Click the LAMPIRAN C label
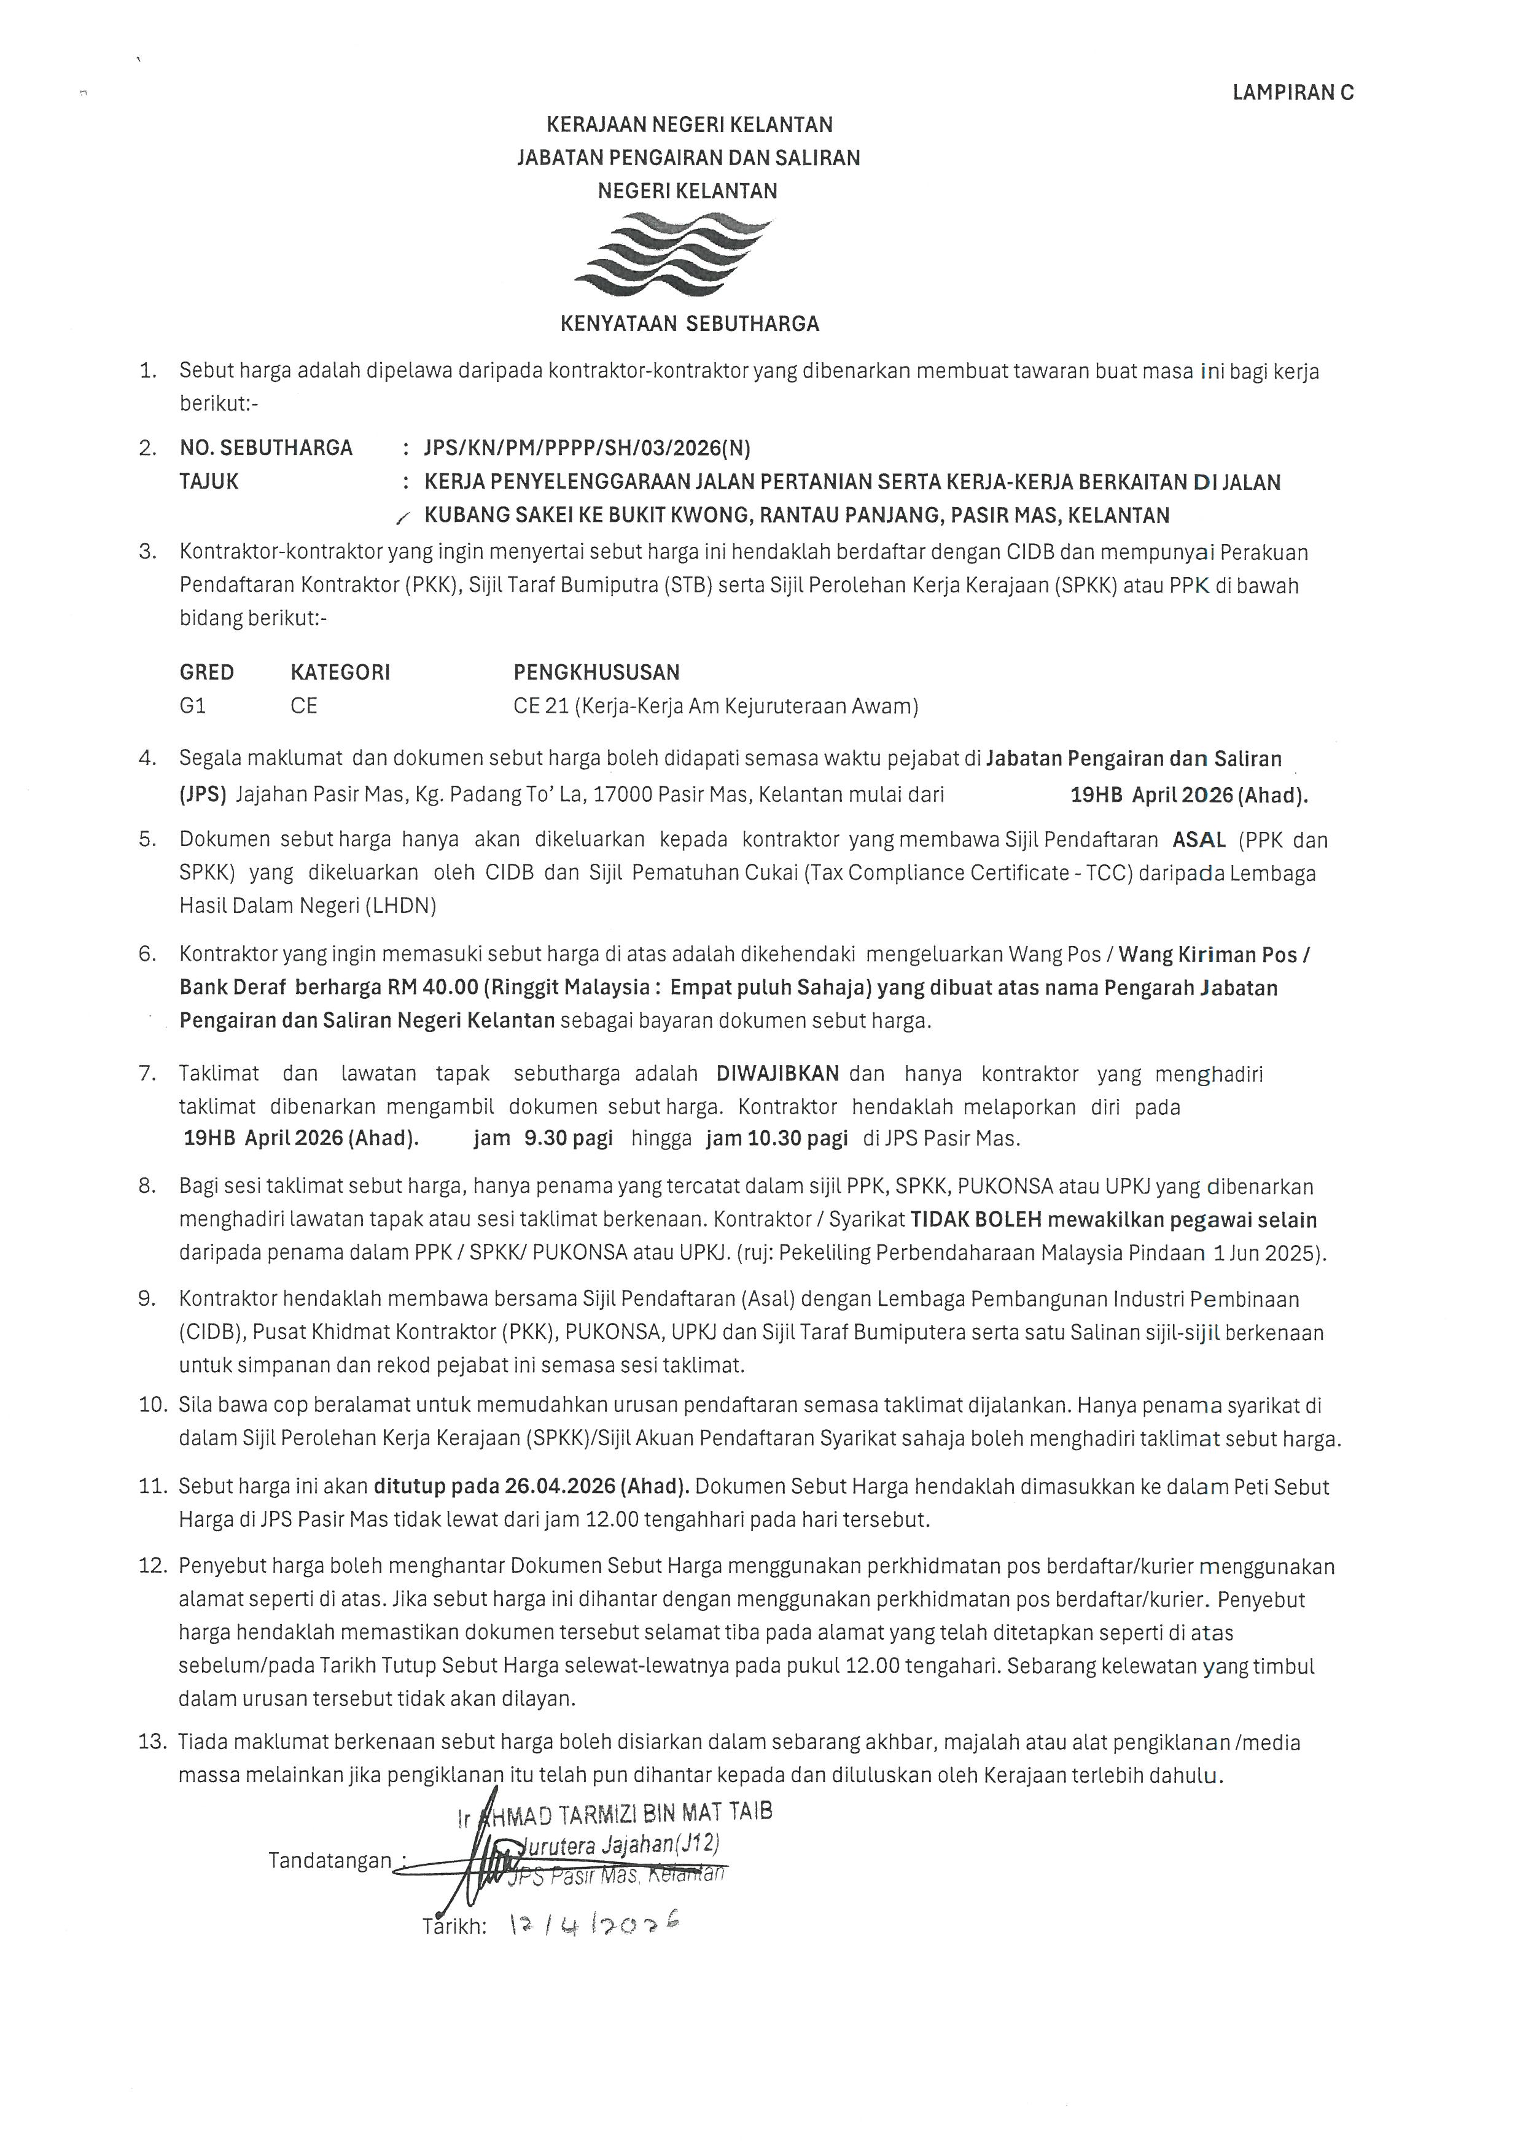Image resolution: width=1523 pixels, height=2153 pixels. coord(1292,93)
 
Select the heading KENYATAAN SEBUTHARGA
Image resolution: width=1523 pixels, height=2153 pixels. coord(689,324)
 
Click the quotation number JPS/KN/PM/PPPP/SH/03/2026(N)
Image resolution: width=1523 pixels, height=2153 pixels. coord(587,448)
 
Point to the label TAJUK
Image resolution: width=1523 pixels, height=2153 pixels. coord(209,482)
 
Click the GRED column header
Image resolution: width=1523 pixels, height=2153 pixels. coord(206,672)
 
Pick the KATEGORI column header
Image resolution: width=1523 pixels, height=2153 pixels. coord(340,672)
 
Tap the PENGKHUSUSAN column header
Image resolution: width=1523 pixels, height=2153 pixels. coord(596,672)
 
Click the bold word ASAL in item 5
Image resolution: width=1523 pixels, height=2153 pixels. coord(1199,839)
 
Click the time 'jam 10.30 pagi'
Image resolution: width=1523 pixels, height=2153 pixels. coord(776,1138)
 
